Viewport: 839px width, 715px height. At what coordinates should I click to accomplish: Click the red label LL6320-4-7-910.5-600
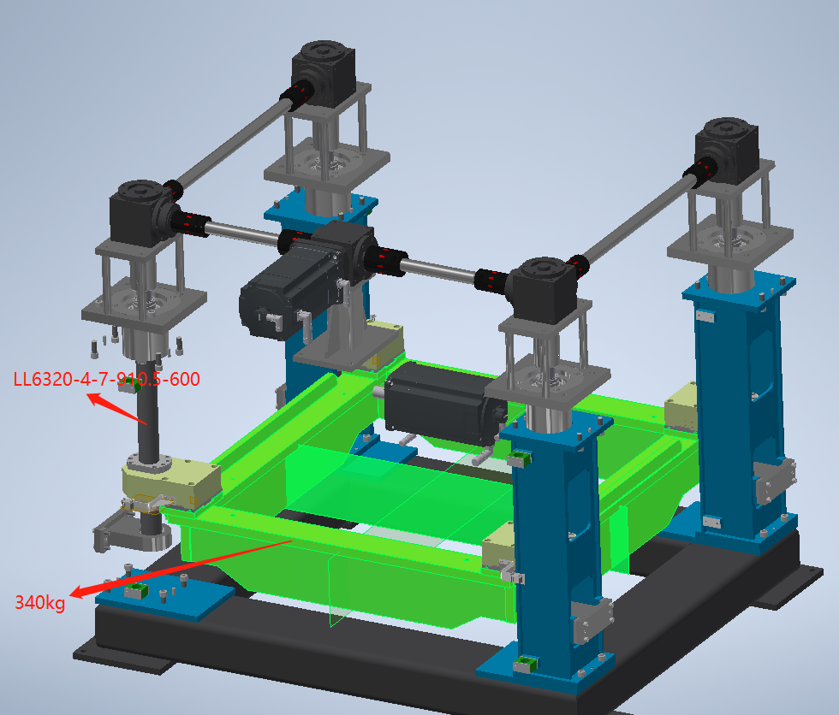(x=106, y=379)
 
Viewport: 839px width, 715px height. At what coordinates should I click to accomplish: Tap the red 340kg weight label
(x=40, y=602)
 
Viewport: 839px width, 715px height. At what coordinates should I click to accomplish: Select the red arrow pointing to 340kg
(x=181, y=569)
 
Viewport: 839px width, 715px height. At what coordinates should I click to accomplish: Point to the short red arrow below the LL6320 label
(x=116, y=409)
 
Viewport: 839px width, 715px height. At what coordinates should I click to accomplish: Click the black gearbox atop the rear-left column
(x=324, y=69)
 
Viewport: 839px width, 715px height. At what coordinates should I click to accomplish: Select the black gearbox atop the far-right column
(x=726, y=151)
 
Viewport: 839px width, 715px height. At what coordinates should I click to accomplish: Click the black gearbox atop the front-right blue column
(x=544, y=290)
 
